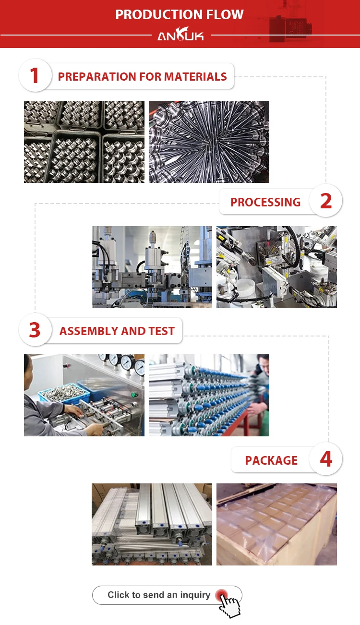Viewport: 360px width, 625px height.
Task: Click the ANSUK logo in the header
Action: pyautogui.click(x=180, y=34)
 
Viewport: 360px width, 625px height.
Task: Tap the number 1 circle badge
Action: pyautogui.click(x=35, y=75)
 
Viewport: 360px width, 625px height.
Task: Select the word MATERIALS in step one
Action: pyautogui.click(x=195, y=77)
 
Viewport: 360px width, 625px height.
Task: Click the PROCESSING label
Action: pyautogui.click(x=265, y=202)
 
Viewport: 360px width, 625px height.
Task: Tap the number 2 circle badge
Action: pyautogui.click(x=325, y=201)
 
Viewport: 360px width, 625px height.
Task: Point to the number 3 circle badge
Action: pyautogui.click(x=35, y=330)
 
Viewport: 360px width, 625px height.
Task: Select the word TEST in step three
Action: pyautogui.click(x=162, y=331)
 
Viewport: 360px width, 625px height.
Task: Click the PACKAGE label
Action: pyautogui.click(x=271, y=460)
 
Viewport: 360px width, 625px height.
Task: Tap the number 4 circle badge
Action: pyautogui.click(x=325, y=459)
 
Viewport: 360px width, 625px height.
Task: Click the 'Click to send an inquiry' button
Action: pyautogui.click(x=167, y=595)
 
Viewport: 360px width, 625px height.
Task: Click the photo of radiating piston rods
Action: pyautogui.click(x=209, y=142)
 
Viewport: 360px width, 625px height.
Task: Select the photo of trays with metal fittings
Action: pyautogui.click(x=84, y=142)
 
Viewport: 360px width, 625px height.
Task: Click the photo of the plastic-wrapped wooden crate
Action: pyautogui.click(x=276, y=524)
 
